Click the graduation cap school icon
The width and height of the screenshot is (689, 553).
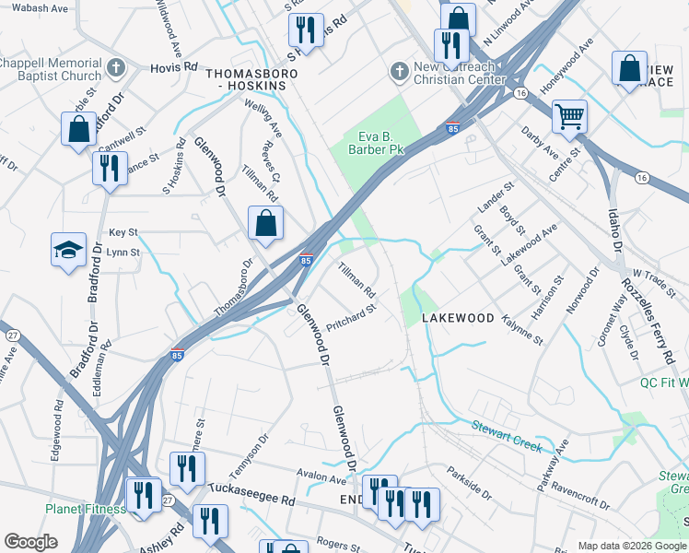click(68, 250)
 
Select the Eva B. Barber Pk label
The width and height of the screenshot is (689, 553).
click(376, 142)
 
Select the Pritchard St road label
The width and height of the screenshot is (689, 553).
click(352, 319)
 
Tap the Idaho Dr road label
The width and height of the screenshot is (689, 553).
click(614, 235)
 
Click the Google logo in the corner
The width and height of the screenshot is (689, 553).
click(30, 542)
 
